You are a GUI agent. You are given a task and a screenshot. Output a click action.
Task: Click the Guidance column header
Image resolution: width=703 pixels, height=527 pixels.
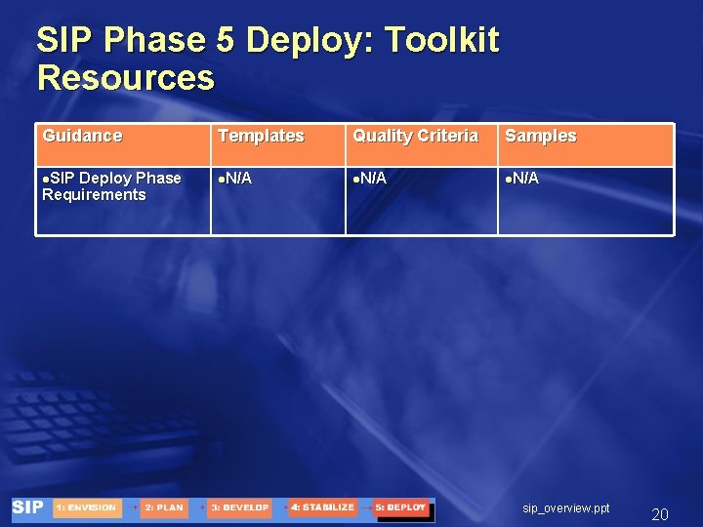tap(83, 137)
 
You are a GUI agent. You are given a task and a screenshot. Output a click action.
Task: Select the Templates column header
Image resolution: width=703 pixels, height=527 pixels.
tap(261, 137)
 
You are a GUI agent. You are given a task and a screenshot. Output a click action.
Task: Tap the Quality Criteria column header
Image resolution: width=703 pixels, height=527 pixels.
tap(415, 137)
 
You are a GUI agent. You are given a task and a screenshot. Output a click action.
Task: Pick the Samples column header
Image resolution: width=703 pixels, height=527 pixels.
tap(541, 137)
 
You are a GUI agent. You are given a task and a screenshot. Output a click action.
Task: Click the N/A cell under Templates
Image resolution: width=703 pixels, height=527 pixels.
tap(234, 179)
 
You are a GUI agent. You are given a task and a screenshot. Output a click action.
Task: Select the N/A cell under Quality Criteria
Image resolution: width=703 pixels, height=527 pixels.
tap(370, 179)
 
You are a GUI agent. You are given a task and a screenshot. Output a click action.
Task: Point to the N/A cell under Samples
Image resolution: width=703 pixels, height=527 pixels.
tap(522, 179)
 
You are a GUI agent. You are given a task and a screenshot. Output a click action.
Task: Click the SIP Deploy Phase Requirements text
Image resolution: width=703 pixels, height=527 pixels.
tap(109, 186)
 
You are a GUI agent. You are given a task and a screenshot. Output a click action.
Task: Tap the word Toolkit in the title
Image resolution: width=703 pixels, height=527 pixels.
tap(442, 41)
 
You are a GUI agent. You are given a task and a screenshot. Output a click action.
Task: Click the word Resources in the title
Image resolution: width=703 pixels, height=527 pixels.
tap(125, 78)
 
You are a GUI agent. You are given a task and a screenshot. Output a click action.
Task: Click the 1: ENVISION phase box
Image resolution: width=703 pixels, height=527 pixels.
tap(87, 508)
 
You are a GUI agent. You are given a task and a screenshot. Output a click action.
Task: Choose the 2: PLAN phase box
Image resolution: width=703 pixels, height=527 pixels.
tap(163, 508)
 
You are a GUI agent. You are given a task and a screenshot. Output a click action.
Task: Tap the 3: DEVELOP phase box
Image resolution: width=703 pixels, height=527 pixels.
tap(239, 508)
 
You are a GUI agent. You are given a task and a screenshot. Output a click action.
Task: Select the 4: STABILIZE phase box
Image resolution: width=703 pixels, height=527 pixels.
tap(321, 508)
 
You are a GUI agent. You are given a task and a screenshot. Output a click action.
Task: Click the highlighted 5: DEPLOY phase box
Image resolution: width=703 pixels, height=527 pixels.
tap(401, 508)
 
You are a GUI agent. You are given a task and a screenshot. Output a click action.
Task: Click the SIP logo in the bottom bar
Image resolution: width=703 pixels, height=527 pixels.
tap(28, 508)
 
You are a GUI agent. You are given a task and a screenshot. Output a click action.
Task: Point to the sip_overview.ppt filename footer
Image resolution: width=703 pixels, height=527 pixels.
tap(566, 508)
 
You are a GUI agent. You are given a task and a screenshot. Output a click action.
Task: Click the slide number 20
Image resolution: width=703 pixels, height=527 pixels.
tap(660, 514)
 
